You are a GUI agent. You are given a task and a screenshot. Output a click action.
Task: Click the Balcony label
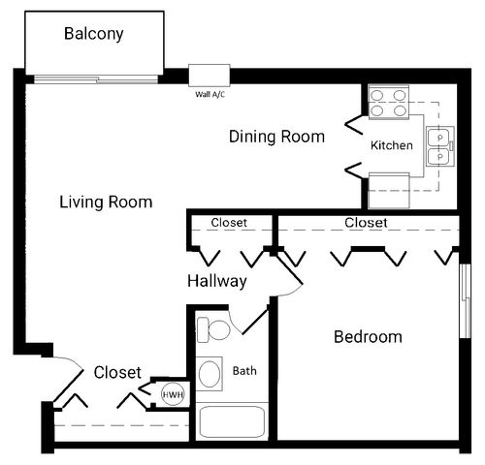click(x=94, y=34)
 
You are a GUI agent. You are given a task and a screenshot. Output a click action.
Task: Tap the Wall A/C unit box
click(x=210, y=76)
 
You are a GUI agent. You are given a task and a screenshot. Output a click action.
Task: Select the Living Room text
click(x=106, y=202)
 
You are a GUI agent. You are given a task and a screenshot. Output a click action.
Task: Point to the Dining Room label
click(x=276, y=137)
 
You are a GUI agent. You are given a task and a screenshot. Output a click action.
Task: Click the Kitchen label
click(x=392, y=145)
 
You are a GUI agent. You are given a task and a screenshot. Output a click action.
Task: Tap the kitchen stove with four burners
click(x=389, y=103)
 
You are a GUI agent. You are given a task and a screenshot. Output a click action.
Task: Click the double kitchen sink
click(x=440, y=146)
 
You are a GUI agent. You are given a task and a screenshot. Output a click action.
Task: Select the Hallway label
click(x=217, y=281)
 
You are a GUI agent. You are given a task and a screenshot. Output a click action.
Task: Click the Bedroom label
click(x=368, y=337)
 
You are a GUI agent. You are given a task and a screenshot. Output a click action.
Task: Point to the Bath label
click(x=244, y=371)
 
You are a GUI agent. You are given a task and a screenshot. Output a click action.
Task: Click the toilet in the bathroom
click(x=213, y=329)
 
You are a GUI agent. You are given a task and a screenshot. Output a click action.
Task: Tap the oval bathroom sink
click(x=210, y=374)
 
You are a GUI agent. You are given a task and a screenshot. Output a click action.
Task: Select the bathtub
click(x=232, y=421)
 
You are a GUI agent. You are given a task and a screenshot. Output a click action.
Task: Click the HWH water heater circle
click(x=173, y=394)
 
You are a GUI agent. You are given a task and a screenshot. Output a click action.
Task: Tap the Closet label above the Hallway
click(x=229, y=223)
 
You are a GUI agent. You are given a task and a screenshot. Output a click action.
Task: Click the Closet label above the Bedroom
click(x=366, y=223)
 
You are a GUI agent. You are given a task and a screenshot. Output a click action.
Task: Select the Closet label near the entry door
click(x=117, y=372)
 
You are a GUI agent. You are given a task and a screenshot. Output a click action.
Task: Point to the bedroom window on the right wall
click(x=465, y=301)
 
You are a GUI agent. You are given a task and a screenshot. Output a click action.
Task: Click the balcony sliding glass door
click(x=96, y=79)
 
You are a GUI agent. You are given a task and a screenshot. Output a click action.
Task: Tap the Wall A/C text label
click(x=210, y=94)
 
